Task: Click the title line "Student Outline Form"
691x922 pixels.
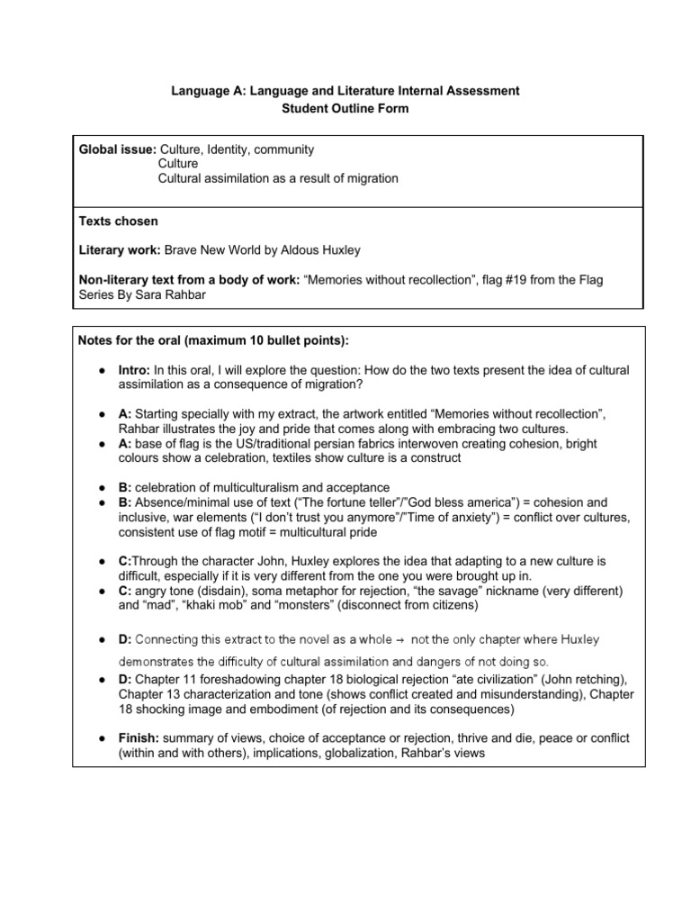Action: coord(345,109)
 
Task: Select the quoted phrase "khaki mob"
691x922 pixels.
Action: coord(222,605)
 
